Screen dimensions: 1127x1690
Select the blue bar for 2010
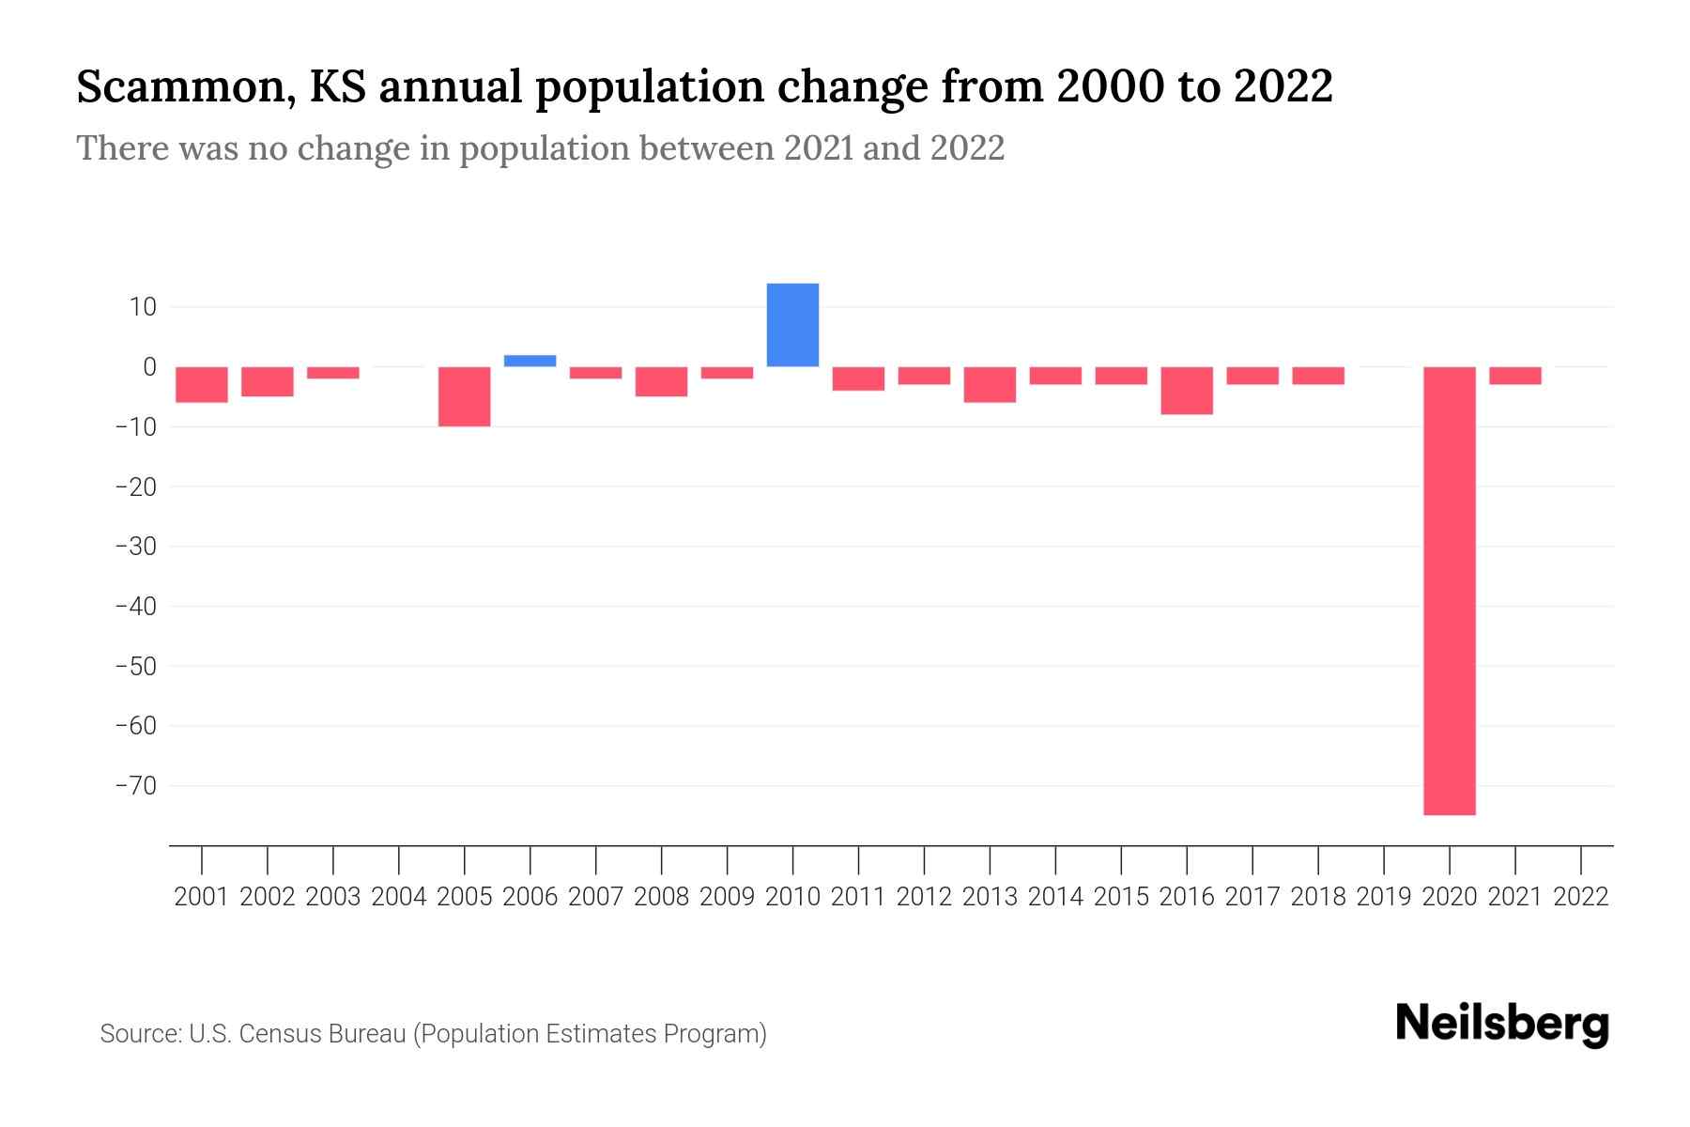click(x=792, y=325)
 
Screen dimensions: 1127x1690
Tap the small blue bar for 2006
click(x=530, y=361)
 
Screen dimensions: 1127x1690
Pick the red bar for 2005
click(x=464, y=396)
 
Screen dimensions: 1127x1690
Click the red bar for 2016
click(x=1186, y=391)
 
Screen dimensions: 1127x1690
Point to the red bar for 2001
click(x=202, y=384)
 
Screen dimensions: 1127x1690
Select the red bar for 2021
click(x=1514, y=376)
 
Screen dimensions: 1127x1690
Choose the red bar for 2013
click(x=990, y=384)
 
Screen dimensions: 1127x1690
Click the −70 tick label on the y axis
click(x=135, y=785)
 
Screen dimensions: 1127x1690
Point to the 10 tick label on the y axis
click(x=144, y=307)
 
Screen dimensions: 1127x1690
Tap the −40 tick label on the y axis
click(x=135, y=606)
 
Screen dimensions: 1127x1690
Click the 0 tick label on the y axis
click(x=149, y=367)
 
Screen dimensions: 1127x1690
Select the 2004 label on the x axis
click(x=399, y=897)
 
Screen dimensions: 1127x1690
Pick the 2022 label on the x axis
click(x=1581, y=897)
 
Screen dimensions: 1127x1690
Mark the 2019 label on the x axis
click(x=1384, y=897)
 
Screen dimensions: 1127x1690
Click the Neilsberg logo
click(x=1502, y=1024)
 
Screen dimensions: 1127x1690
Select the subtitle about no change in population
click(x=540, y=148)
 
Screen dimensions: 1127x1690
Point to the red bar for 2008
click(x=661, y=381)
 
